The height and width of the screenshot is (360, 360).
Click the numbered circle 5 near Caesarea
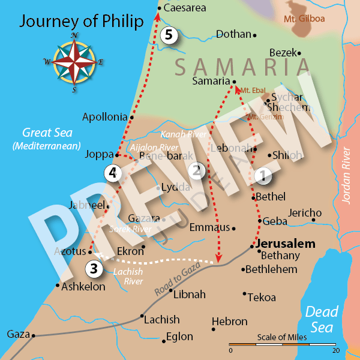click(170, 35)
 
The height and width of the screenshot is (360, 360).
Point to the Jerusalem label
click(284, 245)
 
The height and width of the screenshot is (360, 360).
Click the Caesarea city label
click(185, 8)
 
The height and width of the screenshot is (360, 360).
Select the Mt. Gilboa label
click(304, 19)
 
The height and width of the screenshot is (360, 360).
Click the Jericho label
click(305, 213)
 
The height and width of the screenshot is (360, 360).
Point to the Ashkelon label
click(83, 287)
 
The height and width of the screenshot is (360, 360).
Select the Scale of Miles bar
click(283, 346)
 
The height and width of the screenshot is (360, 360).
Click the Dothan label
click(233, 34)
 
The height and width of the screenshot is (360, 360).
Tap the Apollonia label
click(105, 117)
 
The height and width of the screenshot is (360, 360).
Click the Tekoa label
click(263, 298)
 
